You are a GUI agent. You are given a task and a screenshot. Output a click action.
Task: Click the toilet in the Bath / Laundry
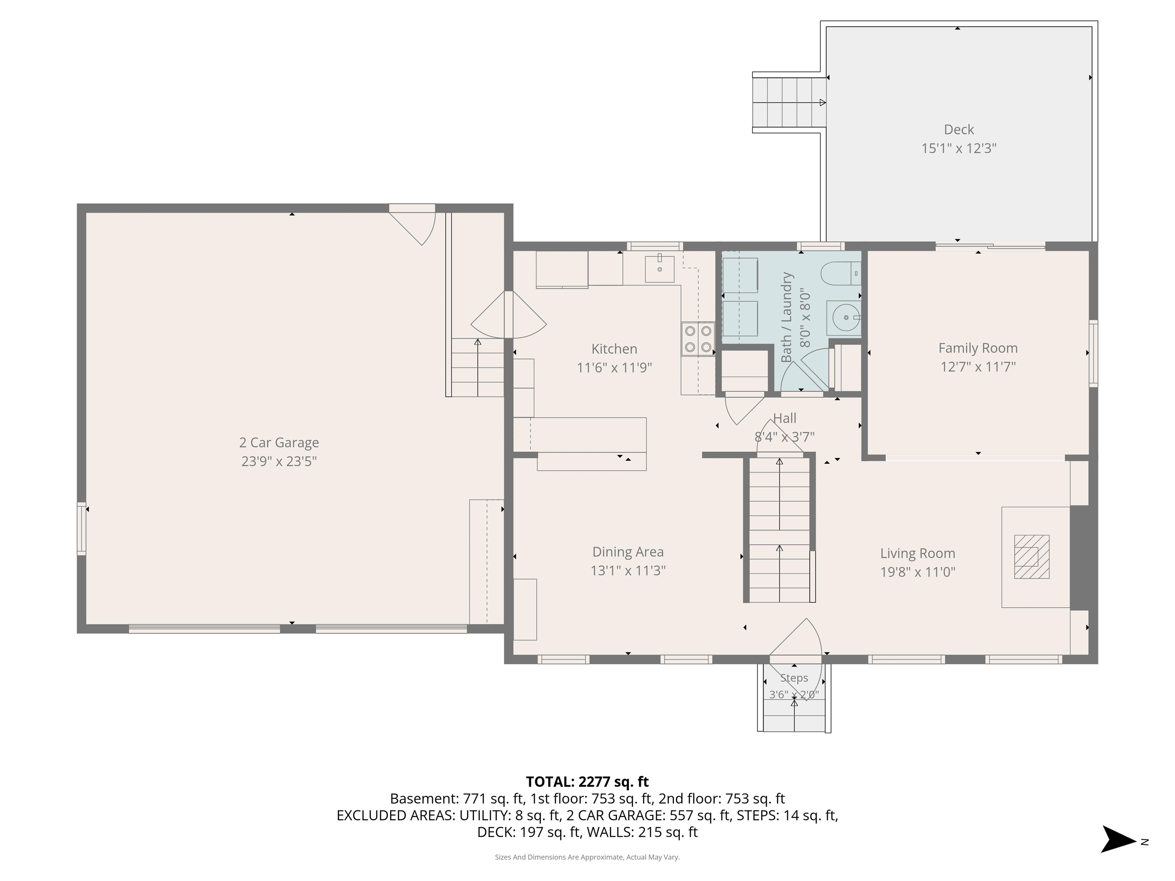pos(839,275)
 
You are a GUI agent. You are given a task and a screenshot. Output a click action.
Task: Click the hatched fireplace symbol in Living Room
pos(1031,556)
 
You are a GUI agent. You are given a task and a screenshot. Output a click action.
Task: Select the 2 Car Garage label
pos(279,442)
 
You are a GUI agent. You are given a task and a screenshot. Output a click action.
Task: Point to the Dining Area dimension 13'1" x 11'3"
pos(628,571)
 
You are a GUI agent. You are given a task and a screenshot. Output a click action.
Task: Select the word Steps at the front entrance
pos(794,678)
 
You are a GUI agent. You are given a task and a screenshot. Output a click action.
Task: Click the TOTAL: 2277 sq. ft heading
pos(587,782)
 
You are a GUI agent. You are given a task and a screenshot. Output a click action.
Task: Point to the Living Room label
pos(917,553)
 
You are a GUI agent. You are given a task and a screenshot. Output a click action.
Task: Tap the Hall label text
pos(784,418)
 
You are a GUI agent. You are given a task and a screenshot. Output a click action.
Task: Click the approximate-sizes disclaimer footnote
pos(587,857)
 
